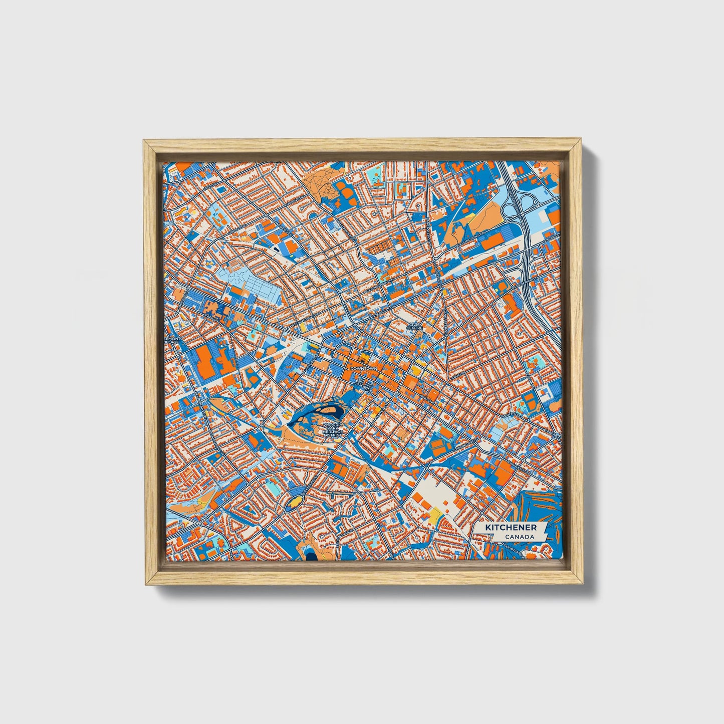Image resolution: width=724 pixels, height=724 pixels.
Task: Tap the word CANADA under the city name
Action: click(519, 537)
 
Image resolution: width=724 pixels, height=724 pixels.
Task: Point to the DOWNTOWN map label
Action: click(363, 368)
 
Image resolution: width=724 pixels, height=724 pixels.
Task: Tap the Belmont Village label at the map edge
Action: click(169, 340)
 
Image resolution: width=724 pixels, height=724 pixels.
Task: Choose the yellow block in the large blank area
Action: click(434, 513)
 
